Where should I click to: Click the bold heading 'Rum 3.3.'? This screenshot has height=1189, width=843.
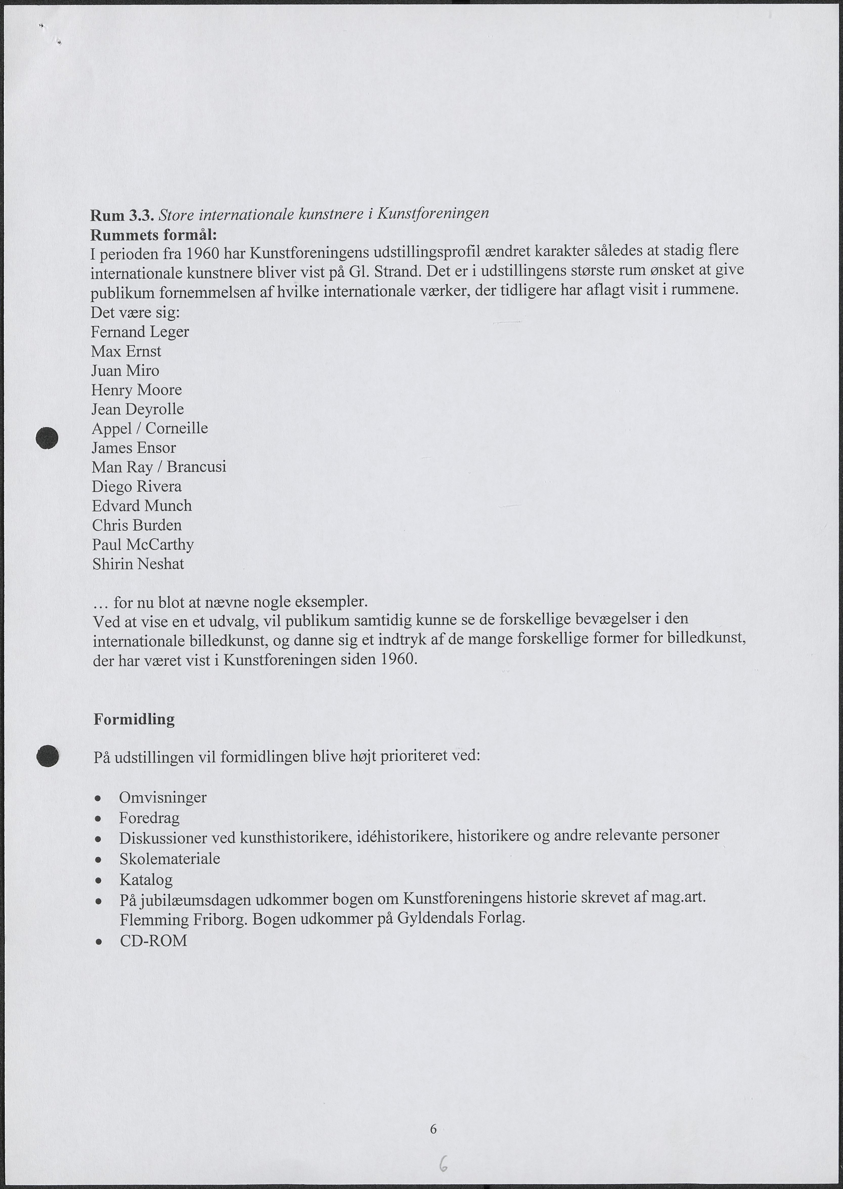tap(122, 215)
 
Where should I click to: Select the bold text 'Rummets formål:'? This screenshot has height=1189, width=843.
tap(153, 235)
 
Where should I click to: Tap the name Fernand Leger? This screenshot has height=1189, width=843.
tap(140, 332)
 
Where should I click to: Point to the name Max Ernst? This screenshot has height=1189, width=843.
tap(126, 351)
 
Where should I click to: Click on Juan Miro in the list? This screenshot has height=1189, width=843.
tap(125, 370)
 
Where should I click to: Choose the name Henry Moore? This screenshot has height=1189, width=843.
tap(137, 390)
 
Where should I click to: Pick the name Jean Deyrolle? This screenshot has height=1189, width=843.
tap(138, 409)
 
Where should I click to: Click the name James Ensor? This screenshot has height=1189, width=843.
tap(134, 447)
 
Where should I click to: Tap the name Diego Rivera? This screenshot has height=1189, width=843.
tap(137, 486)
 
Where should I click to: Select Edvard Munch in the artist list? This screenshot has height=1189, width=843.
tap(142, 505)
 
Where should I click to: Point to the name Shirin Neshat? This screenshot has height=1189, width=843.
tap(138, 564)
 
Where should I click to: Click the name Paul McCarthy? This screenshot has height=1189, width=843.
tap(143, 544)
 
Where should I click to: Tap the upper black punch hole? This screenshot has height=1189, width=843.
tap(47, 437)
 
